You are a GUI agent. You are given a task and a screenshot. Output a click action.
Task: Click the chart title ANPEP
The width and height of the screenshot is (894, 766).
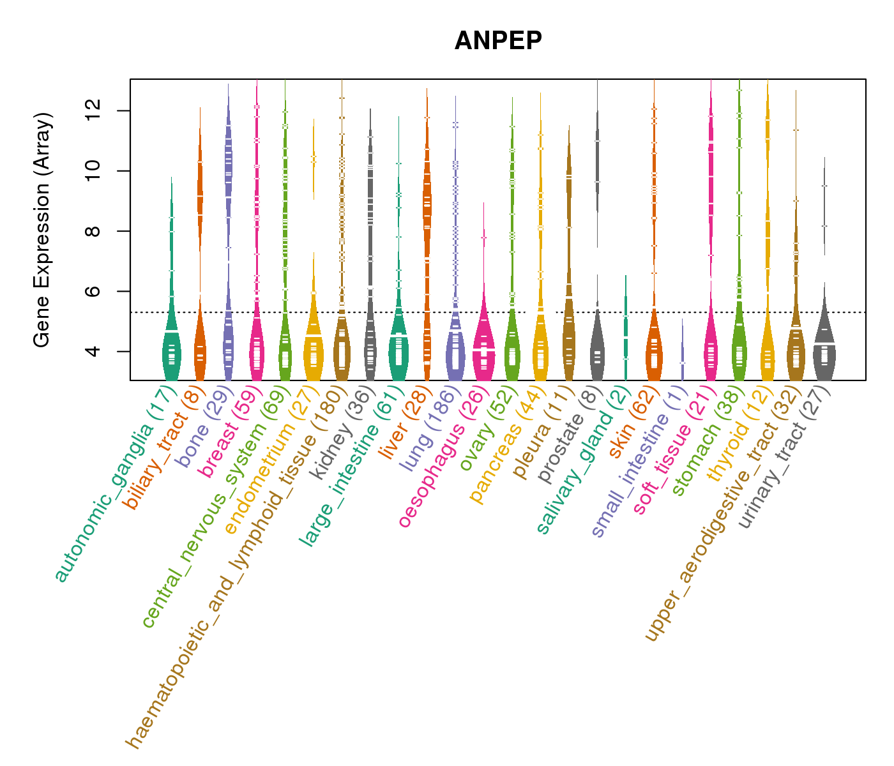[x=498, y=41]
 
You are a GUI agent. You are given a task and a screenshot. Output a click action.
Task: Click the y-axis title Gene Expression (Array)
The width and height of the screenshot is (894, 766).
[x=42, y=230]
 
